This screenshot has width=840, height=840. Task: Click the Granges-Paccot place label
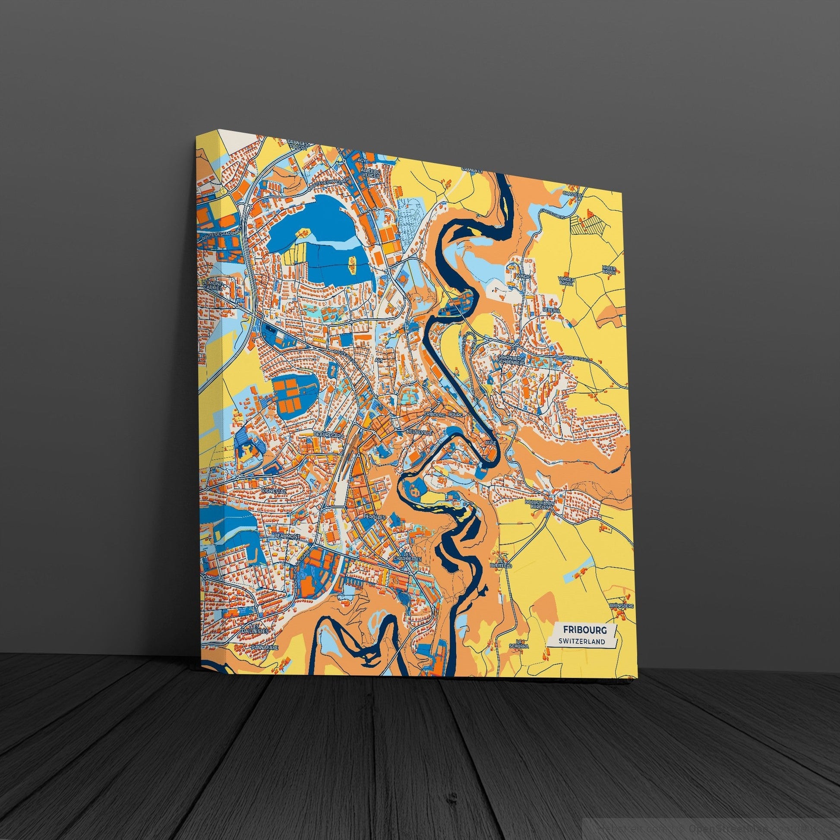point(300,158)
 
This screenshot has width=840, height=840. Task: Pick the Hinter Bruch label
point(609,269)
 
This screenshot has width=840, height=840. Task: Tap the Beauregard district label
point(328,434)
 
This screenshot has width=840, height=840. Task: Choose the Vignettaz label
point(273,491)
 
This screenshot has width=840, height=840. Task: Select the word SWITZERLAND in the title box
point(583,641)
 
